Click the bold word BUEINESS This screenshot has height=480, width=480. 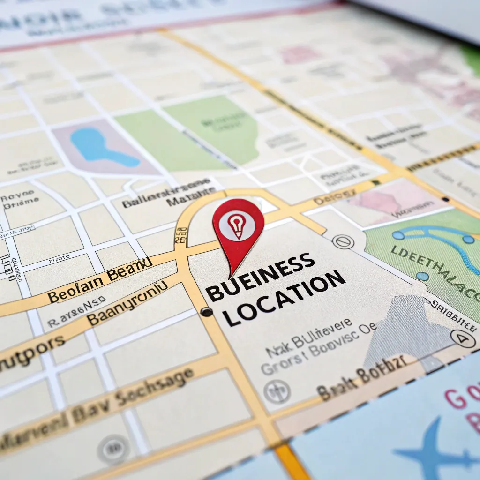(260, 277)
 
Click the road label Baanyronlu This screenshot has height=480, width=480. (127, 303)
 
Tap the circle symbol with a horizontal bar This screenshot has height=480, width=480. (342, 242)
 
